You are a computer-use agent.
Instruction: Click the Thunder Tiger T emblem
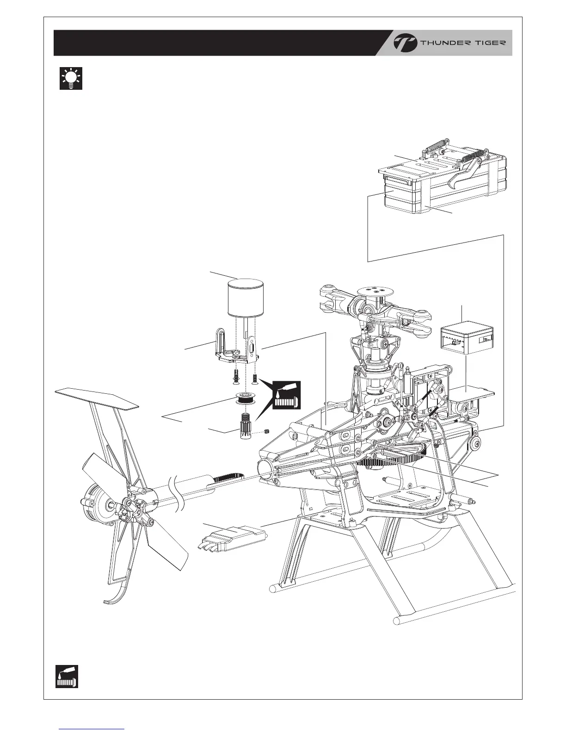[405, 43]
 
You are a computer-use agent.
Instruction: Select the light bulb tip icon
[71, 78]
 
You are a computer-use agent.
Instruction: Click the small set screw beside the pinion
[267, 432]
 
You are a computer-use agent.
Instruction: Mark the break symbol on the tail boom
[179, 492]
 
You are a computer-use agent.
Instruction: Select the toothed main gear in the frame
[393, 460]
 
